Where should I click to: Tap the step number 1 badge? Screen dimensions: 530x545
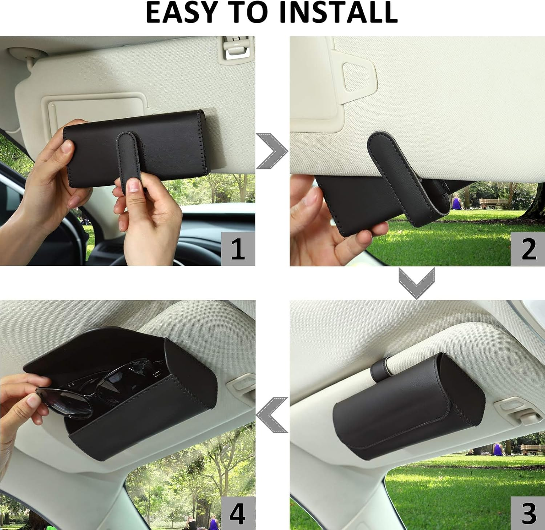[238, 249]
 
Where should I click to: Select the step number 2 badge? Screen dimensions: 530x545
[528, 249]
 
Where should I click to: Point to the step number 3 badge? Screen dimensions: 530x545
[528, 513]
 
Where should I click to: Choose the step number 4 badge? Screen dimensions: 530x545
[238, 513]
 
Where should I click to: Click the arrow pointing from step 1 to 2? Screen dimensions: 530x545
[272, 151]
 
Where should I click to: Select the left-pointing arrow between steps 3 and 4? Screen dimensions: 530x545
[272, 415]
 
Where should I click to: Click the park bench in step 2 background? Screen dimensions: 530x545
[492, 203]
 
